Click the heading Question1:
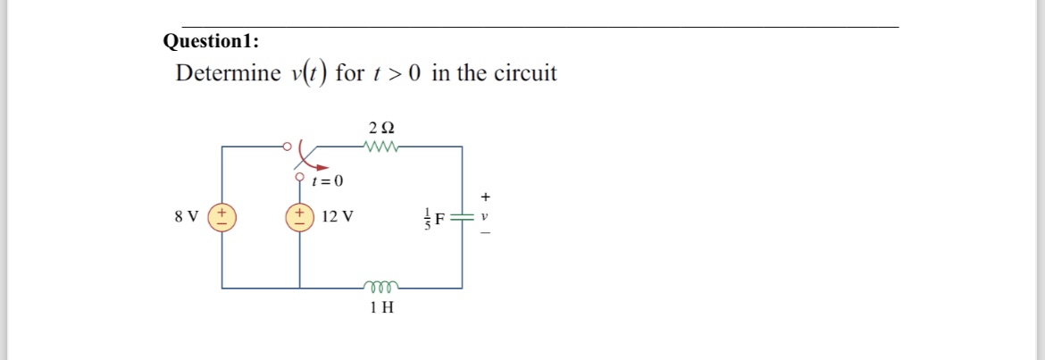pos(212,41)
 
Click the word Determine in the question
pos(229,73)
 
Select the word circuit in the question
pos(520,73)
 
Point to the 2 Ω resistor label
pos(380,126)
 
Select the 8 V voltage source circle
pos(222,217)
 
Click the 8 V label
pos(188,217)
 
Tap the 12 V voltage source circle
pos(299,217)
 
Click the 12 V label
pos(337,217)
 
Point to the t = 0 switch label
pos(328,181)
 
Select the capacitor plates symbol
pos(462,217)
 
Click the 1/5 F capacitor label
pos(434,217)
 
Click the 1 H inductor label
pos(381,308)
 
